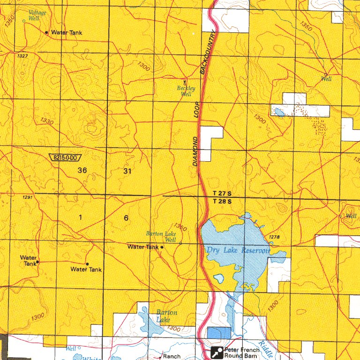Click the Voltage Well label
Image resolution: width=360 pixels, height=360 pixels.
[x=37, y=15]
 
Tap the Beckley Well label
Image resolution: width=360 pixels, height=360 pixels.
[x=186, y=91]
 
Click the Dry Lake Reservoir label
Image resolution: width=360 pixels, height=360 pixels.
[x=238, y=251]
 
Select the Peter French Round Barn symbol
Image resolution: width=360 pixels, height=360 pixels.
[x=217, y=352]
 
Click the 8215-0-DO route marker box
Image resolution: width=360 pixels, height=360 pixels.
[x=65, y=158]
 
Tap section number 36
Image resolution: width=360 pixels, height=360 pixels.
[x=82, y=171]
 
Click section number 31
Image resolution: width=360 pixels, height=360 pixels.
[x=127, y=171]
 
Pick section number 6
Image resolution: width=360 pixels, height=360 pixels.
[x=126, y=218]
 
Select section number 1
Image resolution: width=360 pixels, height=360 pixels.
[x=81, y=217]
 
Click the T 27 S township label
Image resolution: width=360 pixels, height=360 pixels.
[x=222, y=194]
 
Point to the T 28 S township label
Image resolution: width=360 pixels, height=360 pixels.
[x=222, y=202]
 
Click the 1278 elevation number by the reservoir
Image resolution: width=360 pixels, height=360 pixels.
[x=274, y=237]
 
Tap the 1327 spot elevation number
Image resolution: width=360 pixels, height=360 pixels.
[x=22, y=56]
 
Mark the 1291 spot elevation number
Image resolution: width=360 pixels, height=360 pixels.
[x=27, y=197]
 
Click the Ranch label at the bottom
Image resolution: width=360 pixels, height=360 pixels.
[x=171, y=357]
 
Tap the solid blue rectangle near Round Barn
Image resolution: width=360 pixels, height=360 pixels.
[x=219, y=333]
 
